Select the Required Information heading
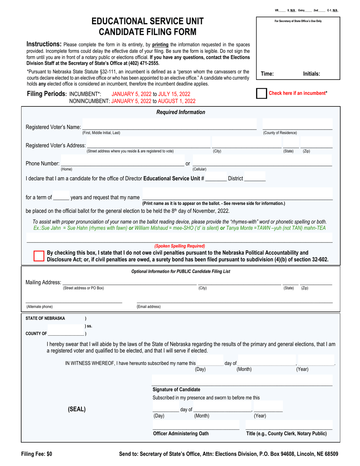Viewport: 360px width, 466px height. (x=181, y=112)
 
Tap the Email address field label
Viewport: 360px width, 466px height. (x=149, y=306)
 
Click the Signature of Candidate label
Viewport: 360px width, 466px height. (x=176, y=389)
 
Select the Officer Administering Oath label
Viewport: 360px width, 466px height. (x=180, y=433)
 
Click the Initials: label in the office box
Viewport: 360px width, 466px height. (x=311, y=74)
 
